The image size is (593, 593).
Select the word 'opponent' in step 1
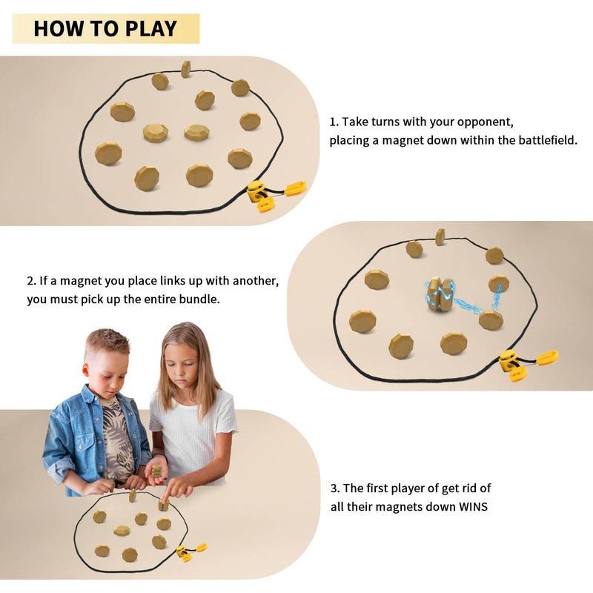tap(484, 121)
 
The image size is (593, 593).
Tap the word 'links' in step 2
tap(177, 281)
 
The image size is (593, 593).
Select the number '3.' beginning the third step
tap(335, 488)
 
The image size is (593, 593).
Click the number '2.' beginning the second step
tap(32, 281)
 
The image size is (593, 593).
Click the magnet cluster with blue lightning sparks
tap(440, 294)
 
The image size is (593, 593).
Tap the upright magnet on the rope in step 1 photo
tap(185, 69)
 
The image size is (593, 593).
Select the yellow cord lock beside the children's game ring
tap(182, 553)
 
